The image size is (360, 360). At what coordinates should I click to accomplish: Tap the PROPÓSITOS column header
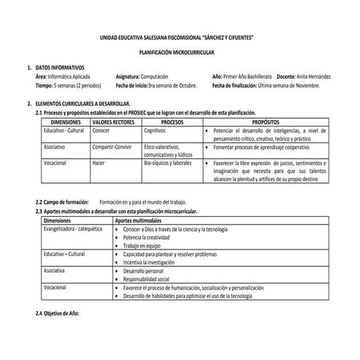coord(265,122)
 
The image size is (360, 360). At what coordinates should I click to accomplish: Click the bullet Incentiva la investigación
coord(153,262)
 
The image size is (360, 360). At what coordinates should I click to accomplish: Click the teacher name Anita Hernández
coord(313,76)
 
